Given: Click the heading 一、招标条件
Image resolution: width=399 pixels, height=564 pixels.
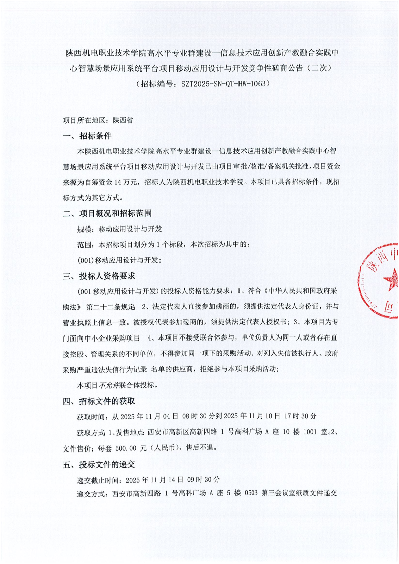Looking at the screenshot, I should (x=87, y=136).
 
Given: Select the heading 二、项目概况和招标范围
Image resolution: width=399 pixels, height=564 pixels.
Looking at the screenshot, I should (x=107, y=214).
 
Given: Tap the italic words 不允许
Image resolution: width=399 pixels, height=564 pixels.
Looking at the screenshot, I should (x=109, y=386).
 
